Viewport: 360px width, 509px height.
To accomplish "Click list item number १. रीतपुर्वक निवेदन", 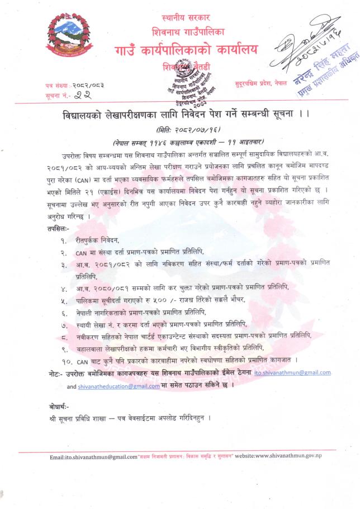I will (98, 240).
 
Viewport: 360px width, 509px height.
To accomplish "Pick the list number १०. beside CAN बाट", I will (65, 359).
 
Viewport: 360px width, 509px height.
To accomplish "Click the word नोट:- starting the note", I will (58, 372).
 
